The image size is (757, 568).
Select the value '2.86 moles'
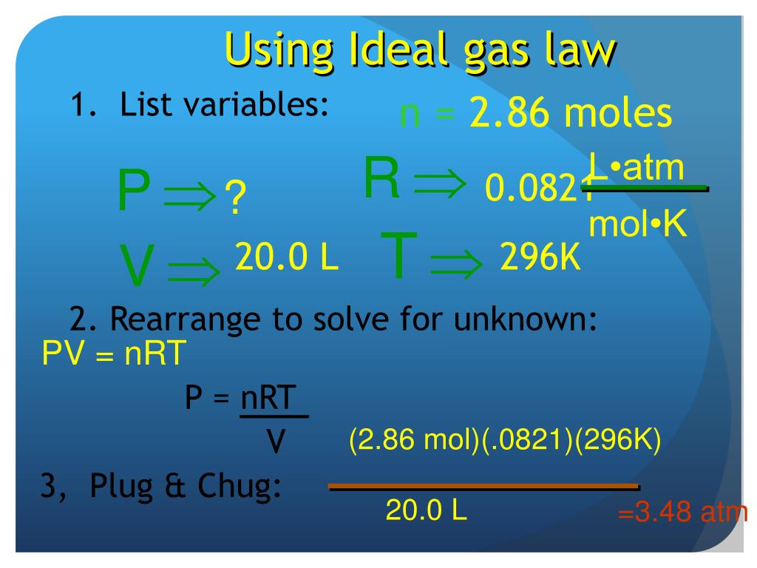pyautogui.click(x=570, y=114)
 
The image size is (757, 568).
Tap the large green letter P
pyautogui.click(x=134, y=192)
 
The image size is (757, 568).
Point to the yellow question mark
pyautogui.click(x=234, y=200)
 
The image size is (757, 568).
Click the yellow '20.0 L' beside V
pyautogui.click(x=286, y=257)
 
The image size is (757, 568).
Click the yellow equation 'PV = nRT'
pyautogui.click(x=111, y=354)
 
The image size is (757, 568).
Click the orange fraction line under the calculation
pyautogui.click(x=483, y=487)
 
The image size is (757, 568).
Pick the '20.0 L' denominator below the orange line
pyautogui.click(x=426, y=510)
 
